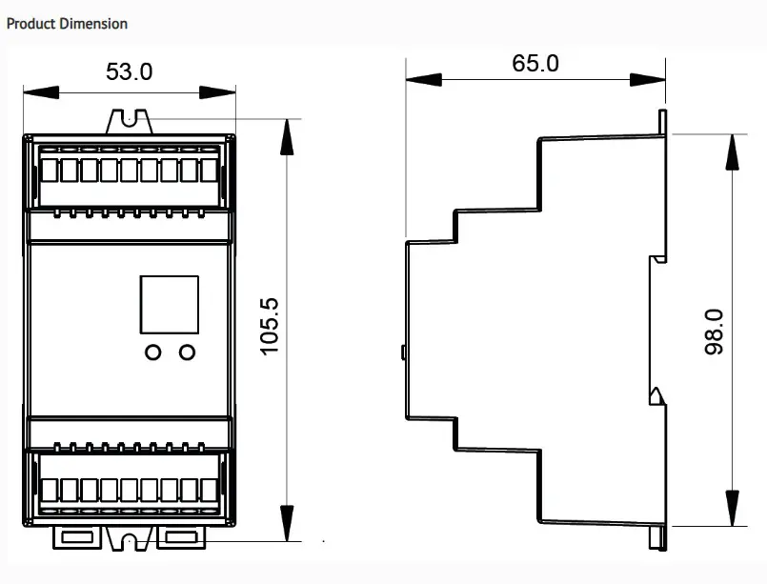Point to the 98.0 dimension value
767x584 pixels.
pos(714,332)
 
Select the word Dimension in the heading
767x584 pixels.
pos(94,23)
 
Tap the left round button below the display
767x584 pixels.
pos(152,352)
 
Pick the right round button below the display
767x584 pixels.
pos(187,352)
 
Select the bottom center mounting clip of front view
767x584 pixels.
pos(129,540)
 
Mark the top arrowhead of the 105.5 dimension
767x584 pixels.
pos(285,134)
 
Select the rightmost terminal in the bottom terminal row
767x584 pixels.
pos(208,490)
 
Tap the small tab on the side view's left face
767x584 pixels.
pos(404,352)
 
